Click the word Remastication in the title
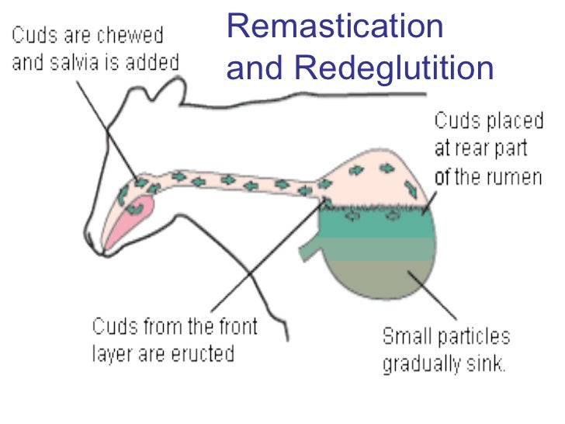335,28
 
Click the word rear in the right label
474,148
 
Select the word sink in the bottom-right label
490,364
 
